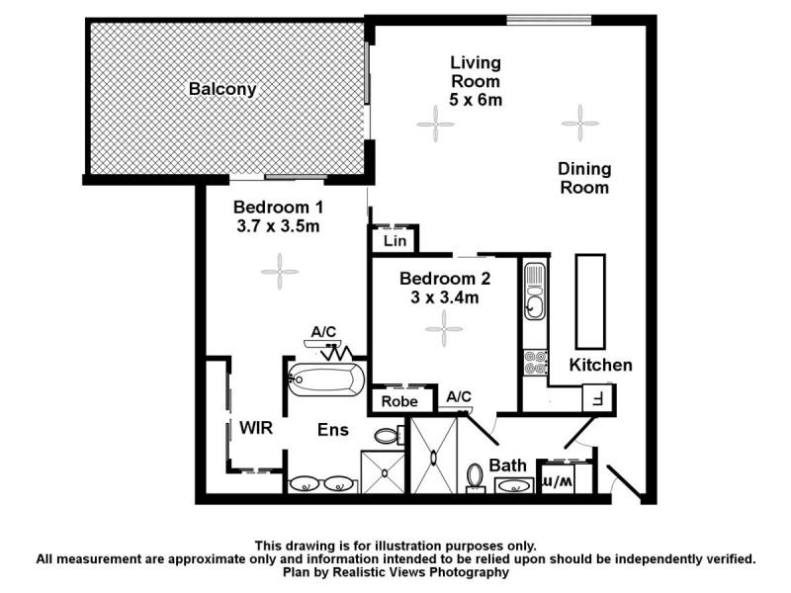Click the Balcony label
tap(222, 90)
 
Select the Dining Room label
tap(584, 178)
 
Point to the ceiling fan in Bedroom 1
tap(280, 269)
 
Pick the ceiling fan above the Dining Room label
tap(579, 124)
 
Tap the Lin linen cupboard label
tap(393, 240)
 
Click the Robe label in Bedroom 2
tap(401, 402)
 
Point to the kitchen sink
tap(534, 291)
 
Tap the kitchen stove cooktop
tap(535, 363)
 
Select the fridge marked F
tap(597, 398)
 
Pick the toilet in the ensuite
tap(389, 435)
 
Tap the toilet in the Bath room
tap(475, 477)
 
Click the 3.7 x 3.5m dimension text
tap(278, 227)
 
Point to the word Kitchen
tap(600, 366)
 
